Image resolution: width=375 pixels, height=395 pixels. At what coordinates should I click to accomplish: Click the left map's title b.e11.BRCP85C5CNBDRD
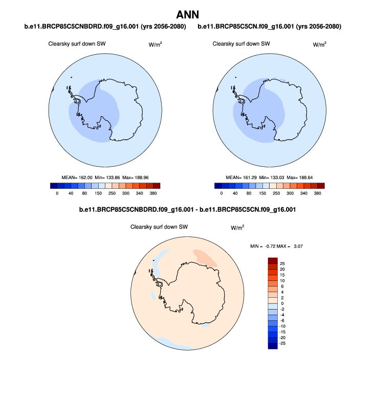105,26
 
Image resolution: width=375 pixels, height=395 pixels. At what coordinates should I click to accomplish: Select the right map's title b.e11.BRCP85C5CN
270,26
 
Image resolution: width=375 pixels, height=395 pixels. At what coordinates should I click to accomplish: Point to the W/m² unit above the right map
319,45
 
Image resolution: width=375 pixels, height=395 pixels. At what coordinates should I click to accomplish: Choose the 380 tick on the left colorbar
153,193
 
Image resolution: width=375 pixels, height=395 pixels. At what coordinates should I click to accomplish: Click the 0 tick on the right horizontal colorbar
222,193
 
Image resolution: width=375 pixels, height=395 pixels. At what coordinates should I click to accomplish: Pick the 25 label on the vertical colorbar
282,262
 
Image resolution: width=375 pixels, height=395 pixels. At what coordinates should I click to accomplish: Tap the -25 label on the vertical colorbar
282,343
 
